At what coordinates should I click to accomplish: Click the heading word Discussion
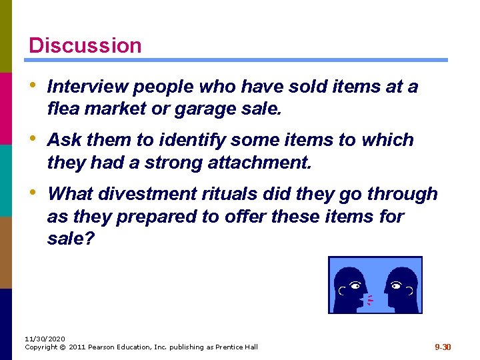click(85, 45)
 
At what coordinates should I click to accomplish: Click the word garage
click(201, 109)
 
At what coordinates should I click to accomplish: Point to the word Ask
click(64, 140)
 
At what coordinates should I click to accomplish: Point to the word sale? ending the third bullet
click(71, 239)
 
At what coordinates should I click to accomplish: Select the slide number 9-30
click(443, 347)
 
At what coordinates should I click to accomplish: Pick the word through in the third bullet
click(405, 193)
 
